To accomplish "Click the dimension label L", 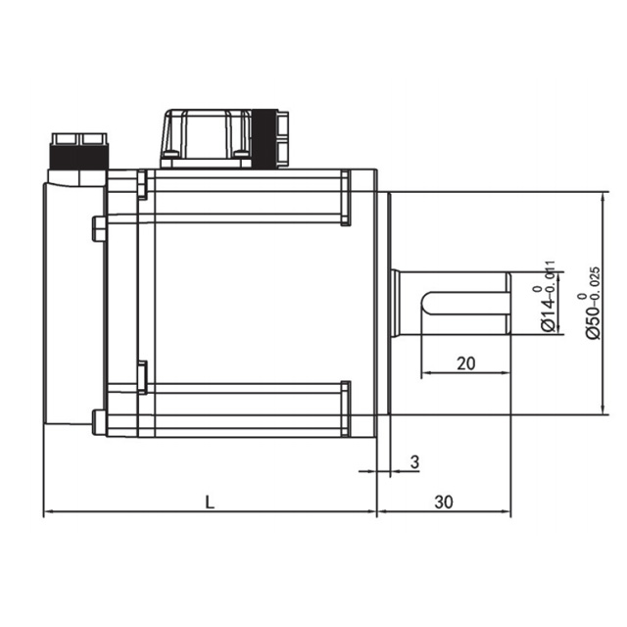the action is point(210,503).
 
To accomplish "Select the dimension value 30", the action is point(444,503).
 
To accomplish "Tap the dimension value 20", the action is point(466,363).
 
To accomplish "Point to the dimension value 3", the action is point(415,461).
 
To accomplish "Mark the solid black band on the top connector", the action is point(265,138).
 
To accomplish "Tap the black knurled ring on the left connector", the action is point(78,157).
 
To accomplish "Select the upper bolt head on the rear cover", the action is point(99,228).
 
